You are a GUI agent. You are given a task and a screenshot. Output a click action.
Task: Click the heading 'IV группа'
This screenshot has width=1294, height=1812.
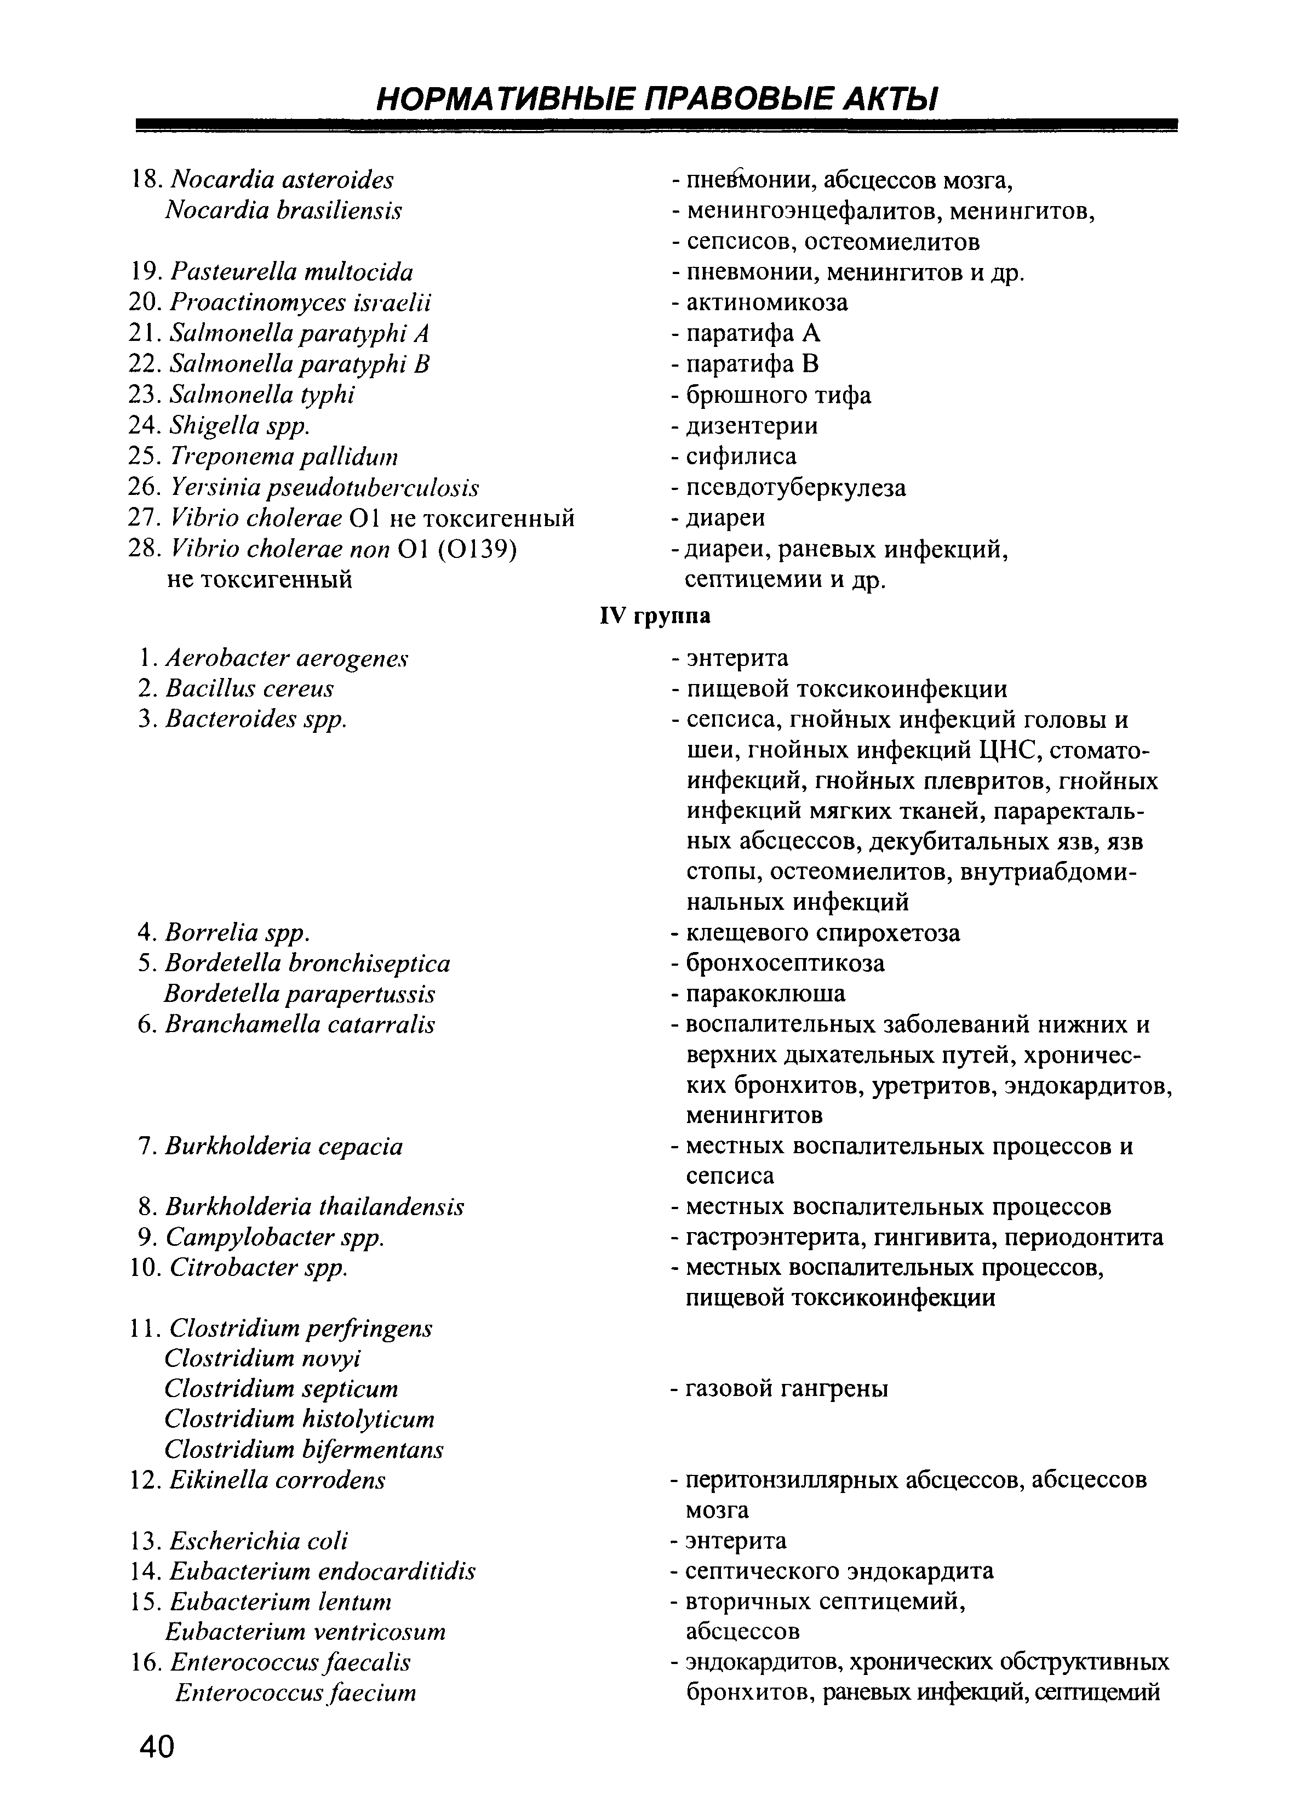654,616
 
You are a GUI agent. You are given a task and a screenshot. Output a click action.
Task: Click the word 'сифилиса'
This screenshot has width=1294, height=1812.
741,456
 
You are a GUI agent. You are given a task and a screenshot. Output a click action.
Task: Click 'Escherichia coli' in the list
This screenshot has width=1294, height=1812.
259,1541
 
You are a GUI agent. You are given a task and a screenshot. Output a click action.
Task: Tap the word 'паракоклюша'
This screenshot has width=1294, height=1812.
765,994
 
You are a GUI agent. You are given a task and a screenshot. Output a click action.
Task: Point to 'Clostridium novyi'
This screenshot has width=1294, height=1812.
263,1358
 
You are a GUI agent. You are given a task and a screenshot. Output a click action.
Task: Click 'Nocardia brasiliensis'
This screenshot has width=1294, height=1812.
283,210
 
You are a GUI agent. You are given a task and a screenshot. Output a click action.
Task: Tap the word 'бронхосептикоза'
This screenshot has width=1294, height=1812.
784,963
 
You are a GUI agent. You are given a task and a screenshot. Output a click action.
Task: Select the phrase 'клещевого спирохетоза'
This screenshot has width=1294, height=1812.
822,933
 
